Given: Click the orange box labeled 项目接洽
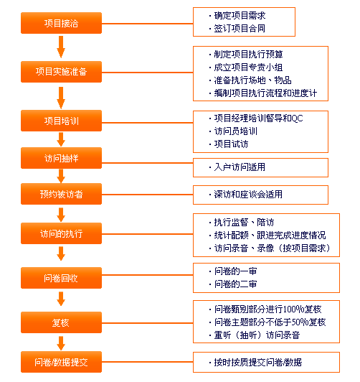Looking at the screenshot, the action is (61, 23).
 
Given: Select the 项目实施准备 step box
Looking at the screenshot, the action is (61, 72).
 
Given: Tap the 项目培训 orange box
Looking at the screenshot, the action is (61, 121).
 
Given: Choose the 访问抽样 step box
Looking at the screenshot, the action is (61, 158).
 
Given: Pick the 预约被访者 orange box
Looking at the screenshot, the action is (61, 194).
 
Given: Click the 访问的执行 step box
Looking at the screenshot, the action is (61, 233).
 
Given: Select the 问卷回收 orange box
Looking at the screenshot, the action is (61, 278).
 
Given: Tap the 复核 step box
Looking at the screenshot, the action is (61, 322).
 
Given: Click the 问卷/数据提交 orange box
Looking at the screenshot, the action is (61, 362).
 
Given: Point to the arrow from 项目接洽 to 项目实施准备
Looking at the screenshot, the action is (61, 47).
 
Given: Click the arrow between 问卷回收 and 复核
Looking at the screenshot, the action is (61, 299).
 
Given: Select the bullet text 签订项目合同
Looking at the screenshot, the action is (240, 29).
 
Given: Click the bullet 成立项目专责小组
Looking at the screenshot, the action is (248, 67).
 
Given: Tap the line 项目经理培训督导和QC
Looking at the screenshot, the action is (258, 118).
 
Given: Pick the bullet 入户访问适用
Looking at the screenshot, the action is (240, 167).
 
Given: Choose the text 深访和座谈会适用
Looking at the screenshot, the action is (248, 195).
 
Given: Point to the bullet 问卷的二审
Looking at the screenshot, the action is (235, 284).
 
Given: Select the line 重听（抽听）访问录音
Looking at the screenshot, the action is (257, 335).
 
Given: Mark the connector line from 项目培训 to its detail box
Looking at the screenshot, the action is (148, 123).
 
